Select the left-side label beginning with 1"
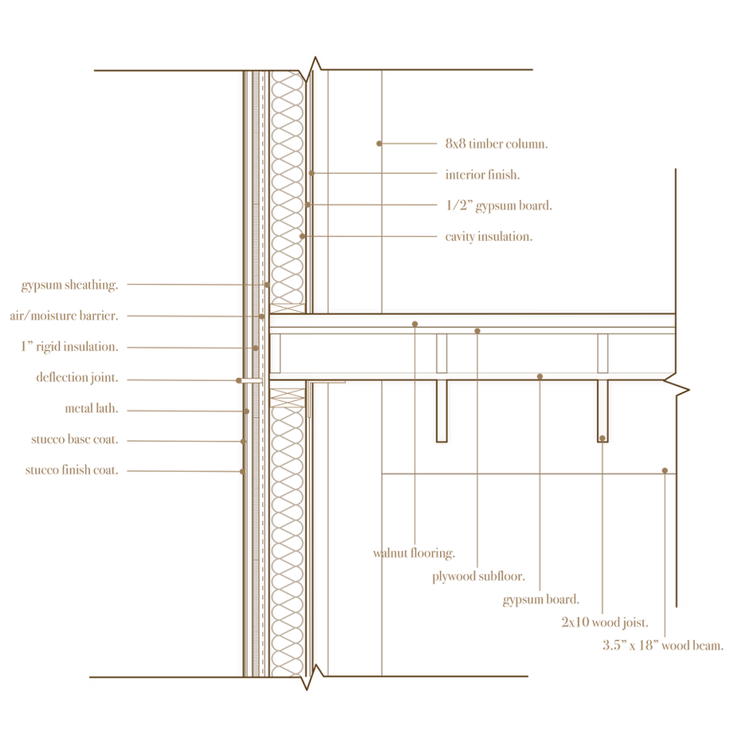69,348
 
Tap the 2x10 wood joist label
606,623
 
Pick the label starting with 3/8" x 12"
663,646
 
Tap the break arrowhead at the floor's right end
681,389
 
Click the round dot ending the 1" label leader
254,348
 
